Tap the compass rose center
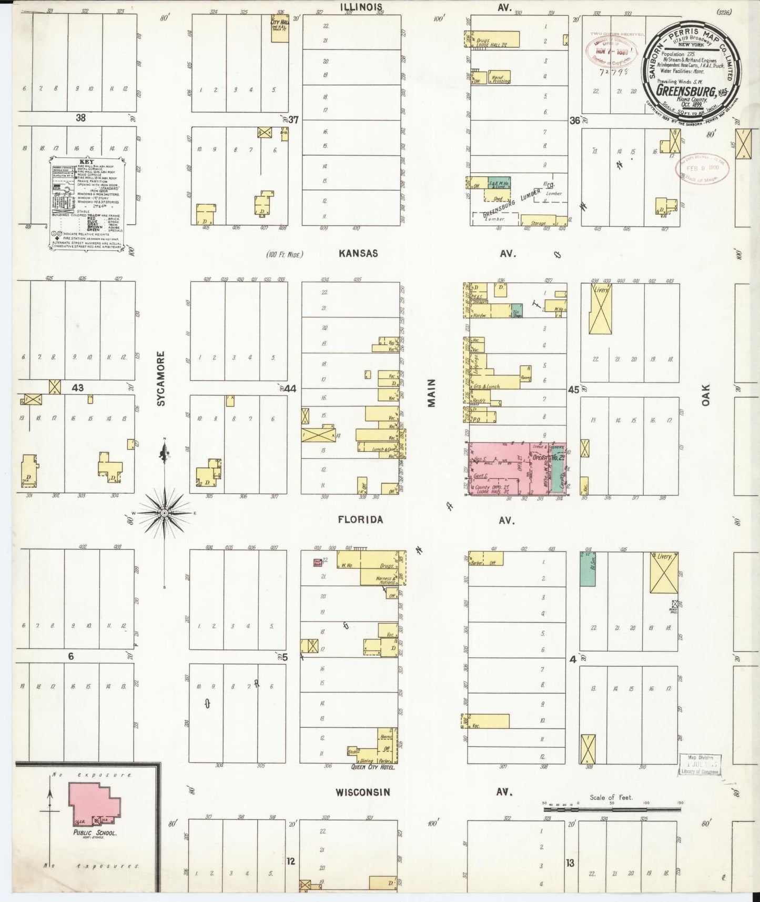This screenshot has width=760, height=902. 165,512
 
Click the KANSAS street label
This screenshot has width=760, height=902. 358,253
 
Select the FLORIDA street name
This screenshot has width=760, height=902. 360,520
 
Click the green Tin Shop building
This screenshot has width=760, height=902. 516,310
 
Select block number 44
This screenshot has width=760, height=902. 290,389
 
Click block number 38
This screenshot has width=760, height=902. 80,118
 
